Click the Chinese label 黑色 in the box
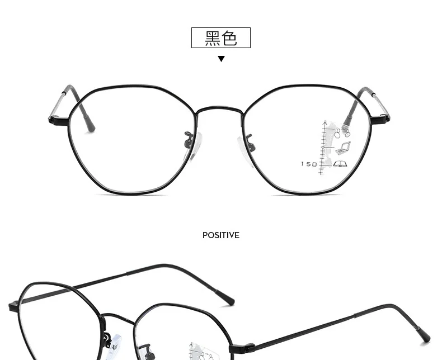click(221, 38)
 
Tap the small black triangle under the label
click(221, 59)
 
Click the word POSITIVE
click(221, 235)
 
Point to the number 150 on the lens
click(309, 164)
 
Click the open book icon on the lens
click(340, 164)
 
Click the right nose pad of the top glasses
click(246, 144)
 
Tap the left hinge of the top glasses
click(56, 119)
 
